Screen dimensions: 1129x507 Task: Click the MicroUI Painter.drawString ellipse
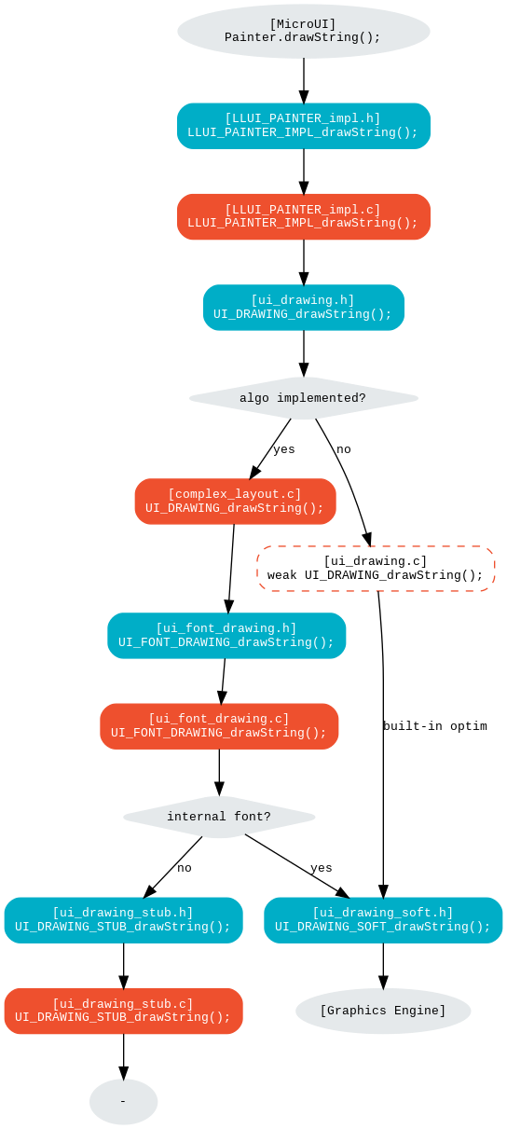point(304,32)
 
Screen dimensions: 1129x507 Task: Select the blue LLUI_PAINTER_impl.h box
point(304,126)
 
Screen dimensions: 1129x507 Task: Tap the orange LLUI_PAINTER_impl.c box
point(304,216)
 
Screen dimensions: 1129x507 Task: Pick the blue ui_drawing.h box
point(304,308)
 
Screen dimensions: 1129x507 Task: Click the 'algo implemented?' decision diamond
point(304,398)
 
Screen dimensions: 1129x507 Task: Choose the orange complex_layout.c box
point(235,502)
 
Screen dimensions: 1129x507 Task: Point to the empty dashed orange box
point(376,569)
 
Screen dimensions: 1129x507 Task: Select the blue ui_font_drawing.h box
point(226,636)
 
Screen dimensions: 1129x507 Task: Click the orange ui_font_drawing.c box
point(219,726)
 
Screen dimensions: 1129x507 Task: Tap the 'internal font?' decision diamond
point(219,817)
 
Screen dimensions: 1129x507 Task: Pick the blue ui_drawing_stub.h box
point(123,920)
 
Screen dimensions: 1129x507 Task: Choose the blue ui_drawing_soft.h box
point(383,920)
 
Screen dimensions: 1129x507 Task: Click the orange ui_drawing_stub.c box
point(123,1011)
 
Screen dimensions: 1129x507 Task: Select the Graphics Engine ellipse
point(383,1011)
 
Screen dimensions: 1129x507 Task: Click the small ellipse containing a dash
point(123,1102)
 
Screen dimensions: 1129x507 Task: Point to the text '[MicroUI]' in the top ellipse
point(303,24)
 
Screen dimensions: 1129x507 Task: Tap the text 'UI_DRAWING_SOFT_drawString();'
point(383,927)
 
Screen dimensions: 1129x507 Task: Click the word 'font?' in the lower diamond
point(253,817)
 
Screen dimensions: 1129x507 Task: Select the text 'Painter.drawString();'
point(303,38)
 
